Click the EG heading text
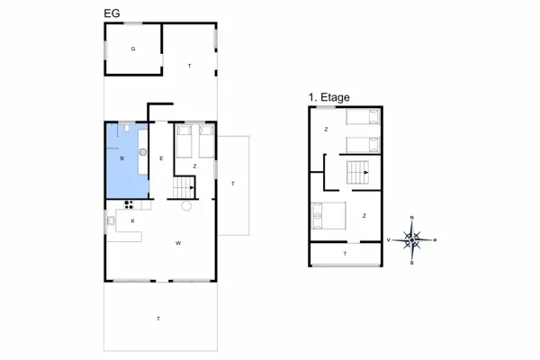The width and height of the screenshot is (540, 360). coord(112,13)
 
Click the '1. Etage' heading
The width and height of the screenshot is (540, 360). coord(328,96)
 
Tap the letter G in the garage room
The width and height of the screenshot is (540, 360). coord(132,48)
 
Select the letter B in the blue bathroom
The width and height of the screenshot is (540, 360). coord(121,159)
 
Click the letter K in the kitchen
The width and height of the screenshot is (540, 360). coord(132,220)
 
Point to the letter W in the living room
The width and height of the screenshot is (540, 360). coord(178,244)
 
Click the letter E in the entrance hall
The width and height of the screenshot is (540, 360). coord(161,159)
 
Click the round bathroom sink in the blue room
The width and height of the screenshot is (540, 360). coord(142,153)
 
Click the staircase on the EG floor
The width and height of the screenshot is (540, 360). coord(184,187)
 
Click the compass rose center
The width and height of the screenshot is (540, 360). coord(412,240)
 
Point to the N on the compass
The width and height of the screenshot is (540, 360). coord(412,219)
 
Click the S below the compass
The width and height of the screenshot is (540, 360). coord(412,263)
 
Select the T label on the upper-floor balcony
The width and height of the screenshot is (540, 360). coord(345,255)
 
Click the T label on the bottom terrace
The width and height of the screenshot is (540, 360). coord(158,319)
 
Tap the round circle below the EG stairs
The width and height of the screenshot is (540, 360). coord(185,206)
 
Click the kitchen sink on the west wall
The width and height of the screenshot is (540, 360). coord(111,220)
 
